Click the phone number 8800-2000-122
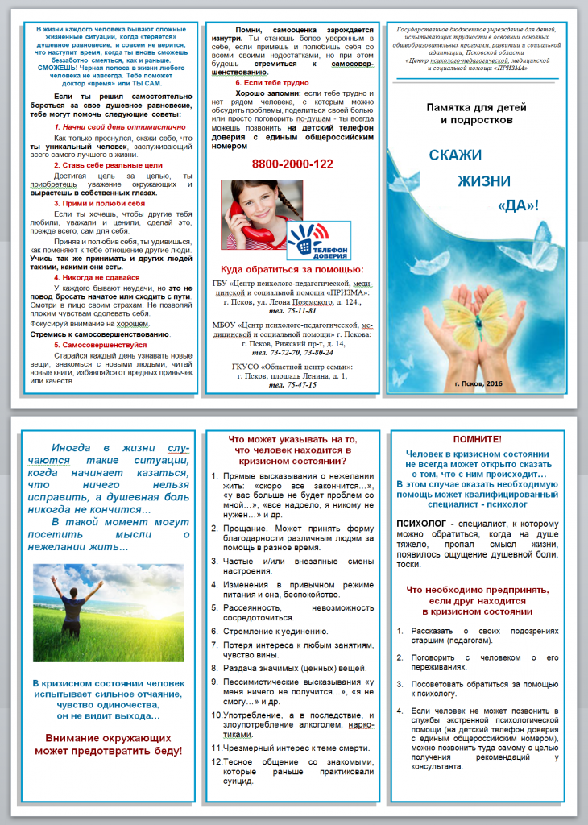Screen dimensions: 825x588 292,164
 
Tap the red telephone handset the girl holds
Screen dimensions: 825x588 242,218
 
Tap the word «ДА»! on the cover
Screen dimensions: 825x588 520,205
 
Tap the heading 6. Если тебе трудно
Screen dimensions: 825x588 272,83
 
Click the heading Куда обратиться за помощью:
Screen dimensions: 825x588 292,268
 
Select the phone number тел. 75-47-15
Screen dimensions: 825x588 292,385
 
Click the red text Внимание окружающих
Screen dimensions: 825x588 107,737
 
